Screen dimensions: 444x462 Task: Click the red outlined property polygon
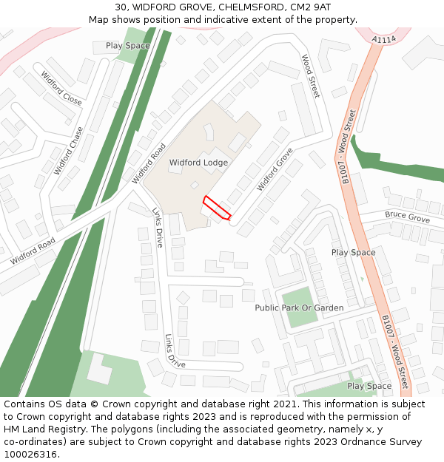217,208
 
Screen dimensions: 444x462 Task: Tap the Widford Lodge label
198,163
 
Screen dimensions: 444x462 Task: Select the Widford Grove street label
275,169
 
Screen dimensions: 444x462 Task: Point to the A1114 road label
384,39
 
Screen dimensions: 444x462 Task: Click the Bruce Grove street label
406,217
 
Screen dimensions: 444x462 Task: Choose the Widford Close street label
61,88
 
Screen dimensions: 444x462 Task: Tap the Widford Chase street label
69,151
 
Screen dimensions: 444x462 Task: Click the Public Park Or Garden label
299,308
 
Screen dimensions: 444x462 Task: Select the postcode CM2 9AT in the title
310,7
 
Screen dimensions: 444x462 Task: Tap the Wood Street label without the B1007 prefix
310,76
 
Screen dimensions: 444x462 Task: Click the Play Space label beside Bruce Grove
353,253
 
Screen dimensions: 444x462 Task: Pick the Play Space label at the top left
127,46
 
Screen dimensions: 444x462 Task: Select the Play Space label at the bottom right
369,386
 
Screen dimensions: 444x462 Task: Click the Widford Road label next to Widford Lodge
149,163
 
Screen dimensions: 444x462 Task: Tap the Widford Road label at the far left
33,251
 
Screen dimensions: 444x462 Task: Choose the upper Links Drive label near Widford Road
158,227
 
